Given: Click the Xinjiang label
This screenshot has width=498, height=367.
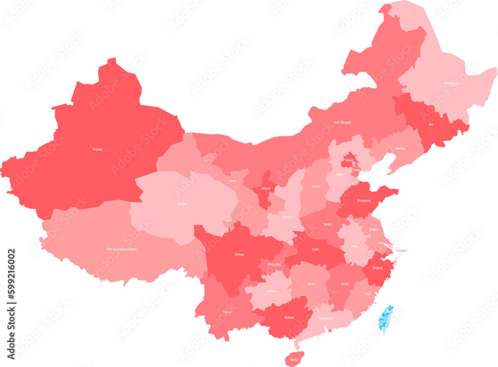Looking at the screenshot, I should pyautogui.click(x=97, y=149).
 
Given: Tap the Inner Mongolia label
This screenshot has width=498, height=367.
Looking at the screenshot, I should pyautogui.click(x=343, y=122).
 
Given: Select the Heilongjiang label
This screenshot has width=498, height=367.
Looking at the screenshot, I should pyautogui.click(x=451, y=84).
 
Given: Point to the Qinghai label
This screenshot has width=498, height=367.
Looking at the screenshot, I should pyautogui.click(x=183, y=204).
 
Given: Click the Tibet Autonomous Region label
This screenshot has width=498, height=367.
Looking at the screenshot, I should pyautogui.click(x=122, y=249).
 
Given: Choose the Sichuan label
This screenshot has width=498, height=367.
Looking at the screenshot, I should pyautogui.click(x=239, y=254).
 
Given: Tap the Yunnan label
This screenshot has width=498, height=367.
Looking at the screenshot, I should pyautogui.click(x=227, y=312).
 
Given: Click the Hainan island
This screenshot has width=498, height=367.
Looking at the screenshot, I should pyautogui.click(x=294, y=359).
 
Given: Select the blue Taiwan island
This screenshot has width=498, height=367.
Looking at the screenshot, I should pyautogui.click(x=386, y=319).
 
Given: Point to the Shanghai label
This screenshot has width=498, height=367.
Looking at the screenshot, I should pyautogui.click(x=401, y=251).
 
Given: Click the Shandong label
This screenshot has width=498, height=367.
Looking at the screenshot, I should pyautogui.click(x=364, y=200).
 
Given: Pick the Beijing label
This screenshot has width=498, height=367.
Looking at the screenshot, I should pyautogui.click(x=349, y=160).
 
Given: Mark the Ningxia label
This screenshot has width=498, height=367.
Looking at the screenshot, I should pyautogui.click(x=266, y=188).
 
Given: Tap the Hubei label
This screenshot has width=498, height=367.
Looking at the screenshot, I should pyautogui.click(x=315, y=249).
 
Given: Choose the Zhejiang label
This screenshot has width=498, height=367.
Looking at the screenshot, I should pyautogui.click(x=377, y=268).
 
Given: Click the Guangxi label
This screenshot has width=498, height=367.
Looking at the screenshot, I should pyautogui.click(x=289, y=317).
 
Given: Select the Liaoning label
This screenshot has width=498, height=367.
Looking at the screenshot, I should pyautogui.click(x=400, y=148).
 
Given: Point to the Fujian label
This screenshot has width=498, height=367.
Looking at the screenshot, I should pyautogui.click(x=368, y=293).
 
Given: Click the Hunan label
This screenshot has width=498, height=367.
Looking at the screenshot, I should pyautogui.click(x=311, y=284).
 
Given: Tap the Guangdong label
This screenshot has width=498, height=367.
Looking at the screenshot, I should pyautogui.click(x=325, y=318).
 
